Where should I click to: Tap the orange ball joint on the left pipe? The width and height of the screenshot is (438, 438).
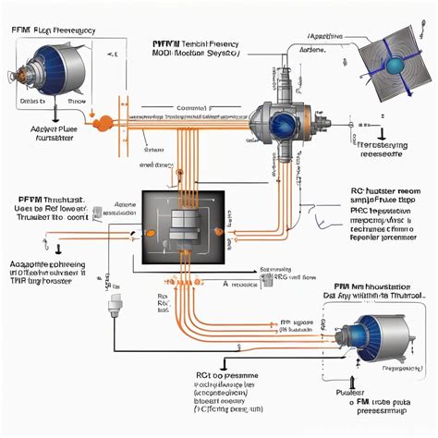coord(104,121)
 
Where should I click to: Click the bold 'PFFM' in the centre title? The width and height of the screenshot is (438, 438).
coord(169,43)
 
